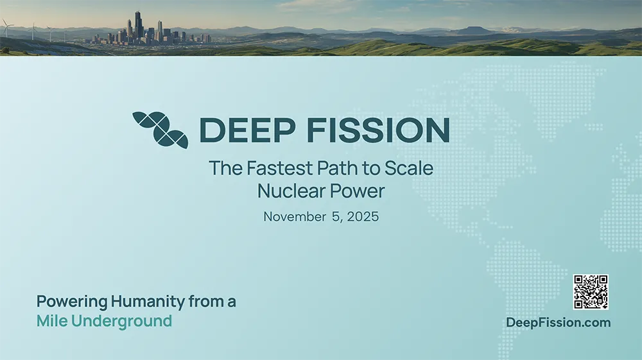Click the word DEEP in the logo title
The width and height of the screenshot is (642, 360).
[247, 130]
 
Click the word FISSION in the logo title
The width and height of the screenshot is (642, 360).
[378, 130]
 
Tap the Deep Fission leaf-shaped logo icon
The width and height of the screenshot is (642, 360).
[160, 130]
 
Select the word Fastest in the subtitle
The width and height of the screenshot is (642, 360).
[279, 168]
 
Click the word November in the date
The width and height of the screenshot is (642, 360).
[295, 217]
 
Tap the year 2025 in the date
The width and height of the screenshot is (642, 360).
[363, 217]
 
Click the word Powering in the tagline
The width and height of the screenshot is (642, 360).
[72, 302]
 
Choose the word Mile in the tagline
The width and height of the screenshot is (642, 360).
[52, 321]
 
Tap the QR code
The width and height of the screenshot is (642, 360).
[591, 292]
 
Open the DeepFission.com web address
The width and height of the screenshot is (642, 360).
[559, 322]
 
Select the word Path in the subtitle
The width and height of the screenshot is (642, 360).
[335, 168]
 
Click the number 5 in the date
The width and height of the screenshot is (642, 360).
[336, 217]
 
